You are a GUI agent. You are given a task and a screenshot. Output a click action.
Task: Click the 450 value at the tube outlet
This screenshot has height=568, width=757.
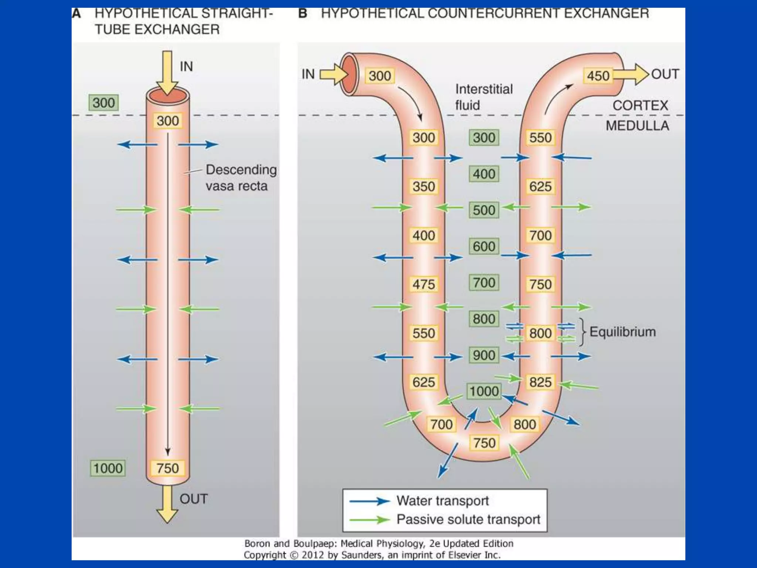[x=598, y=76]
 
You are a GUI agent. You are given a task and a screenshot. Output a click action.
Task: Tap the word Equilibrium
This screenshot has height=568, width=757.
[x=622, y=332]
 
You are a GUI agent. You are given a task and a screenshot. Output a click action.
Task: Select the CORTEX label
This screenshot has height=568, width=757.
[x=640, y=106]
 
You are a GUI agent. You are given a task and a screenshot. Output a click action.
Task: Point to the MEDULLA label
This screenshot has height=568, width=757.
[x=637, y=126]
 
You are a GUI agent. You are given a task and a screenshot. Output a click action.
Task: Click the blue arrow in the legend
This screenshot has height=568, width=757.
[x=370, y=501]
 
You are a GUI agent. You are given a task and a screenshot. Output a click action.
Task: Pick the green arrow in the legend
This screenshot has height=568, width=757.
[x=370, y=520]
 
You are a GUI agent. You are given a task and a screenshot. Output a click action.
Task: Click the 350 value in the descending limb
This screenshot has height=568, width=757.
[x=424, y=186]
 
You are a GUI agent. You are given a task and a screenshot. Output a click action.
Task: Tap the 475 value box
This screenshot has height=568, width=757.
[x=424, y=284]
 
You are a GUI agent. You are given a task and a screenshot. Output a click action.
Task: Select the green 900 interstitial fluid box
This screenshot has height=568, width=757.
[x=484, y=355]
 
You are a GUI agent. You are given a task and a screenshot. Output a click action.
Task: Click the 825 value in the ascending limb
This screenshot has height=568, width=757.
[x=540, y=382]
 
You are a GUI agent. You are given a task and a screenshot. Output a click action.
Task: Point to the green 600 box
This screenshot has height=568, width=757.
[x=484, y=246]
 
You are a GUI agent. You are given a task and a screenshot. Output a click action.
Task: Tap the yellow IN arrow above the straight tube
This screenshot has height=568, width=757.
[x=167, y=72]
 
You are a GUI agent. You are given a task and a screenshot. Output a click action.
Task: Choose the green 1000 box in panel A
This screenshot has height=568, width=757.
[x=108, y=468]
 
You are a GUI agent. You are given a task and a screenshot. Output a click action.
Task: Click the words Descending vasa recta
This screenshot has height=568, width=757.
[x=241, y=178]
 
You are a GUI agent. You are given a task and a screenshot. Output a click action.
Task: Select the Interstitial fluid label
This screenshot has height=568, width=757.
[x=483, y=97]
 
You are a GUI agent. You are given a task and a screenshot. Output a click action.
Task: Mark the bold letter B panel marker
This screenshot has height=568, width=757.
[x=303, y=14]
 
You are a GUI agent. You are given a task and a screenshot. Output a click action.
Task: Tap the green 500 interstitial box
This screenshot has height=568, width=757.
[x=484, y=210]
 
